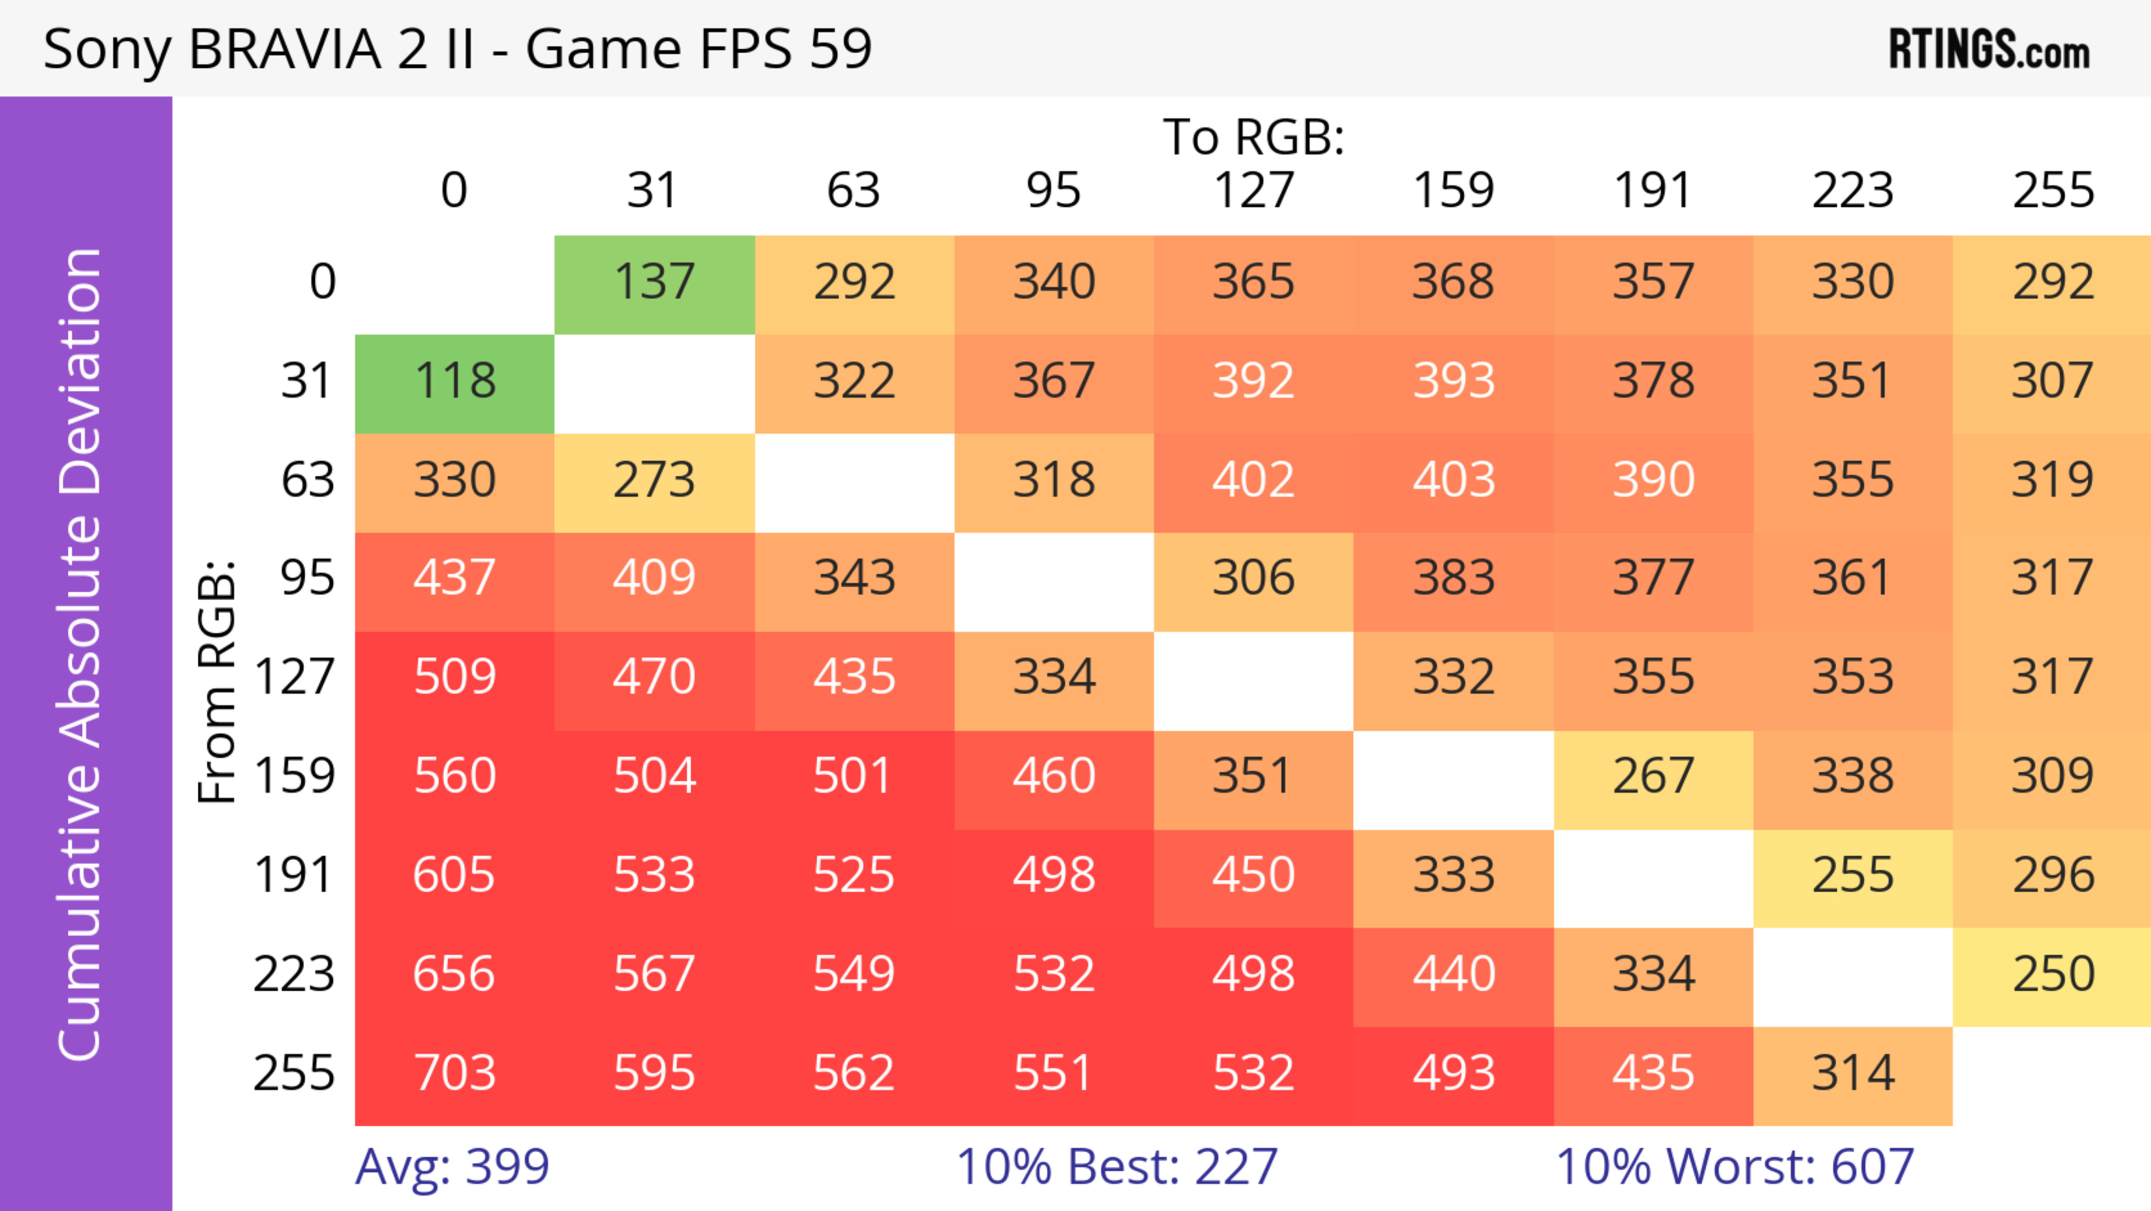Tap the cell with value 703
454,1074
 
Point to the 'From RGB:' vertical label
217,681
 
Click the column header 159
1453,191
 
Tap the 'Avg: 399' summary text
451,1167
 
